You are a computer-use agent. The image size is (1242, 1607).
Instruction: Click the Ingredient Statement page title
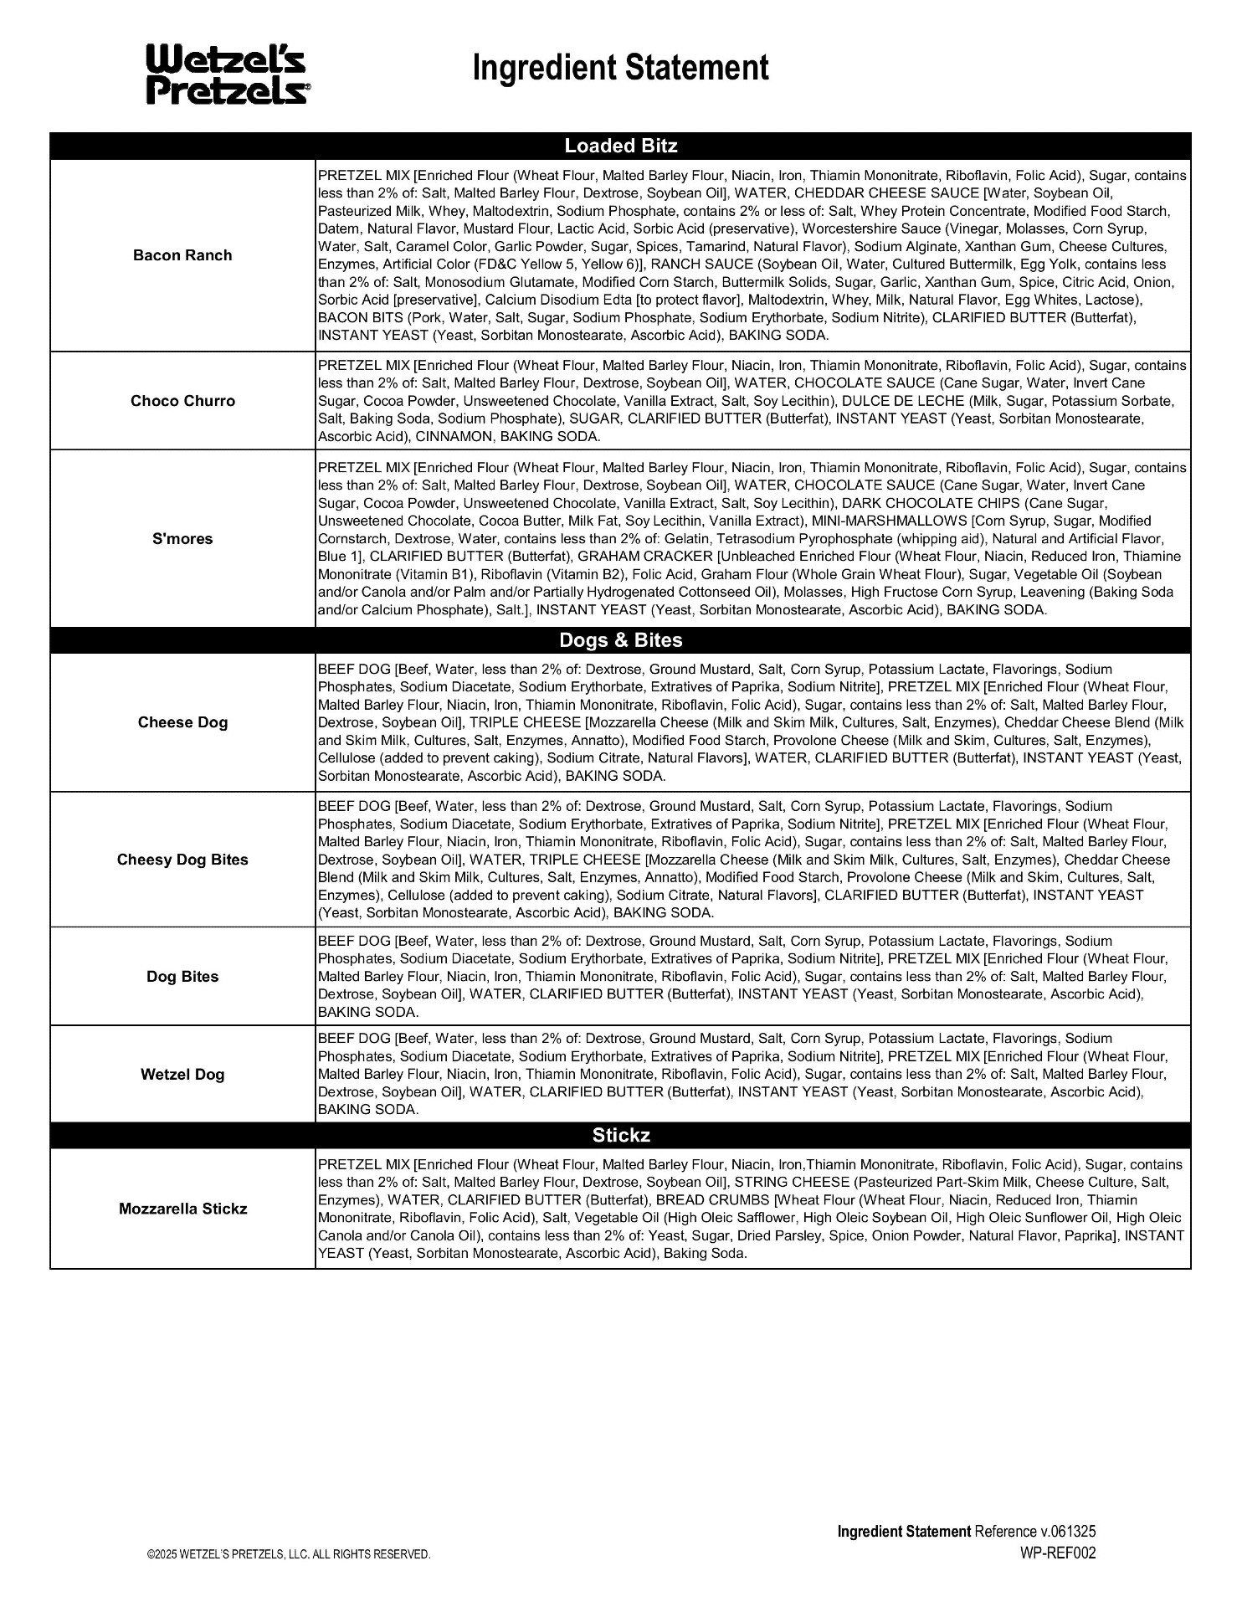click(x=620, y=68)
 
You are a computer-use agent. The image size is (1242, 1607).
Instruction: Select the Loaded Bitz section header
click(x=620, y=146)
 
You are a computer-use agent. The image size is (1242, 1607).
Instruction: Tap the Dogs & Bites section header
click(x=620, y=640)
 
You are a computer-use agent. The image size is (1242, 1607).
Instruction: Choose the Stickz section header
click(x=620, y=1136)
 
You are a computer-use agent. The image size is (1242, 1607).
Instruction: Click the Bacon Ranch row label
click(x=182, y=255)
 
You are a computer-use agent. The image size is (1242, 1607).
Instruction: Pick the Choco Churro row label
click(x=182, y=401)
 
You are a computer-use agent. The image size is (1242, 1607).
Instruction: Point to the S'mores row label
click(x=182, y=539)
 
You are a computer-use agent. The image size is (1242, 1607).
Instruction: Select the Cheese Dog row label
click(x=182, y=722)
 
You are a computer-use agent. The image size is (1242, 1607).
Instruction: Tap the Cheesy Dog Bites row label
click(x=182, y=860)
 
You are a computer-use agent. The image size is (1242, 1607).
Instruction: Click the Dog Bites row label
click(x=182, y=977)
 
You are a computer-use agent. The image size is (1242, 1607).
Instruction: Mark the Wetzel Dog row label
click(x=182, y=1075)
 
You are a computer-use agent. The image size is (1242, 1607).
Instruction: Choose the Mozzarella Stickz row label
click(x=182, y=1209)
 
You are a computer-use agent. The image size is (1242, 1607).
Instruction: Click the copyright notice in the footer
click(x=289, y=1554)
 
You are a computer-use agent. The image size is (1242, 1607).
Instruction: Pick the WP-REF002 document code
click(x=1057, y=1553)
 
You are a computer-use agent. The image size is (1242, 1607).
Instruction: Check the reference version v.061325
click(x=1068, y=1532)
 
